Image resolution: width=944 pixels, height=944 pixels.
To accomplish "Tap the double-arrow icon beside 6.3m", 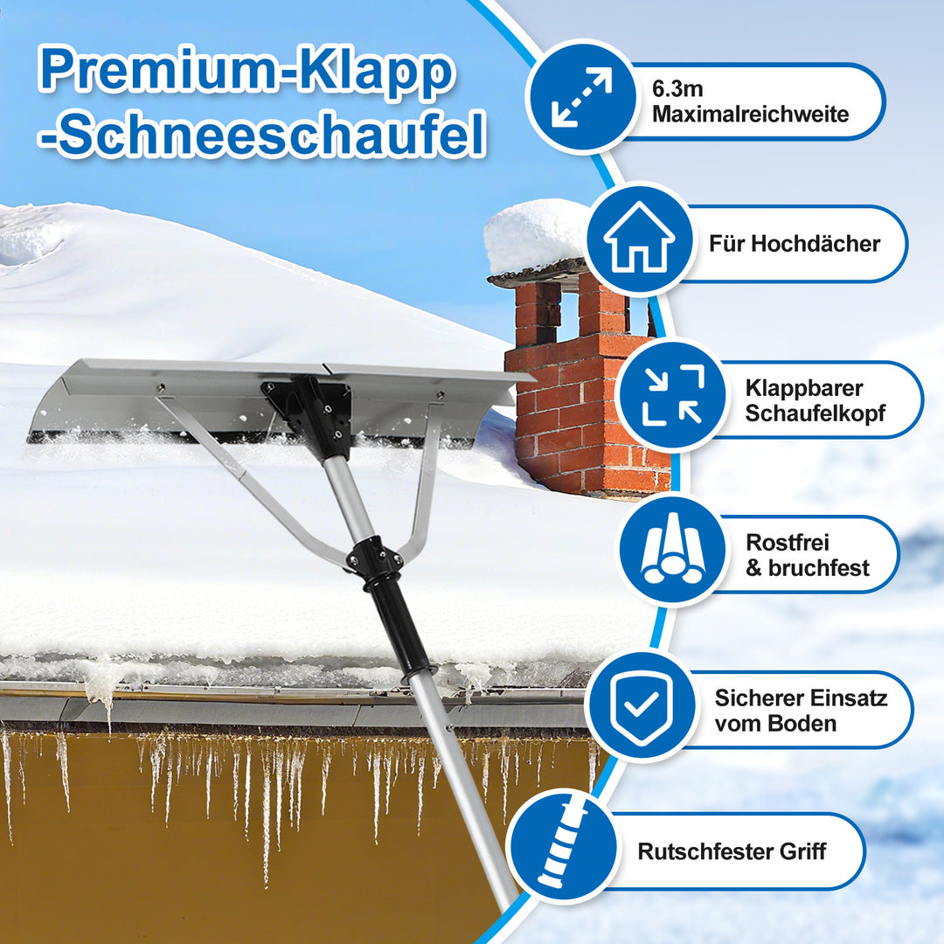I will click(x=581, y=98).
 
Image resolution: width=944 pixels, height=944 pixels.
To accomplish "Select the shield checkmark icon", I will click(x=641, y=706).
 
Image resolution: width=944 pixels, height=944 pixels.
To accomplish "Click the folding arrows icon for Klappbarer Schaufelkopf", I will click(x=671, y=395).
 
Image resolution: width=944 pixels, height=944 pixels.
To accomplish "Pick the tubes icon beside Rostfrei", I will click(x=671, y=551).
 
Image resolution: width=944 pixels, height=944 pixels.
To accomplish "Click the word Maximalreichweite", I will click(x=750, y=115).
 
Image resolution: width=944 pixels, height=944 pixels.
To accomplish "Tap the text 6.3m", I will click(x=677, y=89).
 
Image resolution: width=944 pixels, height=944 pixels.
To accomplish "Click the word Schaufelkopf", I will click(x=816, y=413).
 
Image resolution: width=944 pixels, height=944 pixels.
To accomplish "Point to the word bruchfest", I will click(x=819, y=568).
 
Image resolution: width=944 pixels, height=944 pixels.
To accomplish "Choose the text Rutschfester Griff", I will click(x=732, y=851).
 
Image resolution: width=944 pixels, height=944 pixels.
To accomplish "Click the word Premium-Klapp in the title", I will click(x=247, y=73).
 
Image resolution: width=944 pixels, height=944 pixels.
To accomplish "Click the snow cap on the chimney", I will click(x=536, y=233).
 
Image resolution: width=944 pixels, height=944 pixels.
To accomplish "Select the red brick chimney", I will click(x=580, y=394).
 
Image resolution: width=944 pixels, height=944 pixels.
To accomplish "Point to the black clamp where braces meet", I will click(x=374, y=558).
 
